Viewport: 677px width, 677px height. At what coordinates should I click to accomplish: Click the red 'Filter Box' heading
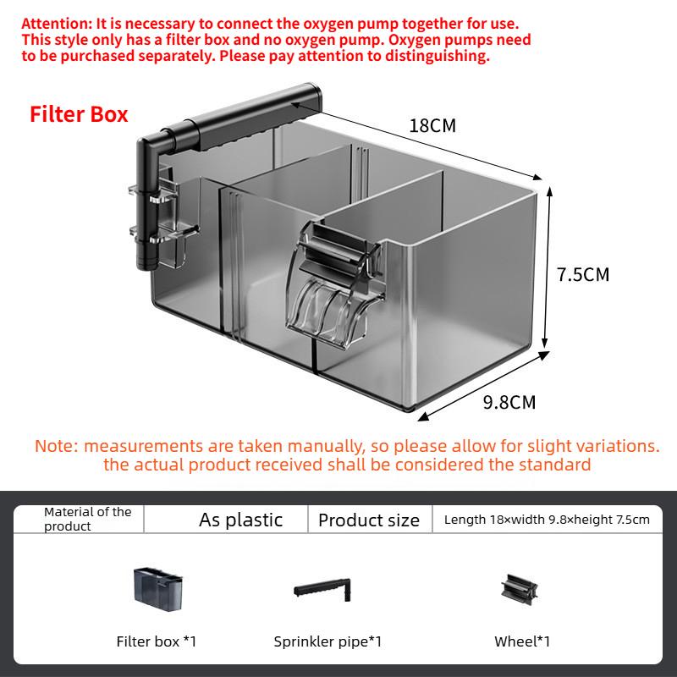click(79, 115)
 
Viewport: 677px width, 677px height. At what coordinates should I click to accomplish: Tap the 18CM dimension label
click(432, 125)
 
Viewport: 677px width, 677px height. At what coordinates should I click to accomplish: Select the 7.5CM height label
click(583, 274)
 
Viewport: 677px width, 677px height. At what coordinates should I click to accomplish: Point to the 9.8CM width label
click(509, 403)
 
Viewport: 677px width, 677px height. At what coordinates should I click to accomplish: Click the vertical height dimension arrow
click(547, 267)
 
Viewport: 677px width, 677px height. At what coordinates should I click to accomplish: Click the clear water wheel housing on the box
click(334, 285)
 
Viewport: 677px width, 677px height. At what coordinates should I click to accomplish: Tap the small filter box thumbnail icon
click(158, 589)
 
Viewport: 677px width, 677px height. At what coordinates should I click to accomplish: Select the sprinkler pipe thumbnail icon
click(322, 589)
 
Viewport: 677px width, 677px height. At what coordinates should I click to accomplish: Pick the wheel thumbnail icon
click(520, 589)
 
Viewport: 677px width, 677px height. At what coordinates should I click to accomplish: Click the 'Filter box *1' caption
click(157, 641)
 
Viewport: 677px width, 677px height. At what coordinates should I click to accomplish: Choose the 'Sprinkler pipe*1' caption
click(327, 641)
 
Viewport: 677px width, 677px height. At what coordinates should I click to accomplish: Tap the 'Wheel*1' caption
click(522, 641)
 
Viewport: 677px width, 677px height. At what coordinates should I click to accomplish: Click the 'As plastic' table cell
click(240, 520)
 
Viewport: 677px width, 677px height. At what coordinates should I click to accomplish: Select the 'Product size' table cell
click(369, 520)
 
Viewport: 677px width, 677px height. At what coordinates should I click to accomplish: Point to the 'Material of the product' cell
click(88, 519)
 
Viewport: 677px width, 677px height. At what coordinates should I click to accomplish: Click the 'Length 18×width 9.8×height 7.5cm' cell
click(547, 520)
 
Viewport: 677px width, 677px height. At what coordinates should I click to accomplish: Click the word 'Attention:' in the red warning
click(57, 24)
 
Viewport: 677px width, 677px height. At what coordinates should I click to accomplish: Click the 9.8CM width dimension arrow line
click(483, 386)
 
